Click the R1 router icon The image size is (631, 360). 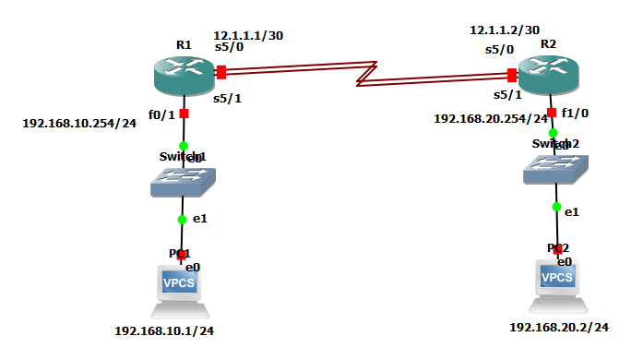coord(184,74)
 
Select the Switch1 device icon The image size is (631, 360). coord(184,182)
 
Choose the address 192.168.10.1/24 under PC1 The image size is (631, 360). coord(165,330)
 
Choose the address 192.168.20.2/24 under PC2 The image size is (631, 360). coord(559,327)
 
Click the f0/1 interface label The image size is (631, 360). coord(161,115)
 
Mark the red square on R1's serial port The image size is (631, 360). coord(221,72)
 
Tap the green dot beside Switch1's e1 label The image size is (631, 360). coord(183,220)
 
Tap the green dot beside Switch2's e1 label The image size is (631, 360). coord(557,207)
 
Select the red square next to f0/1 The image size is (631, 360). coord(184,114)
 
